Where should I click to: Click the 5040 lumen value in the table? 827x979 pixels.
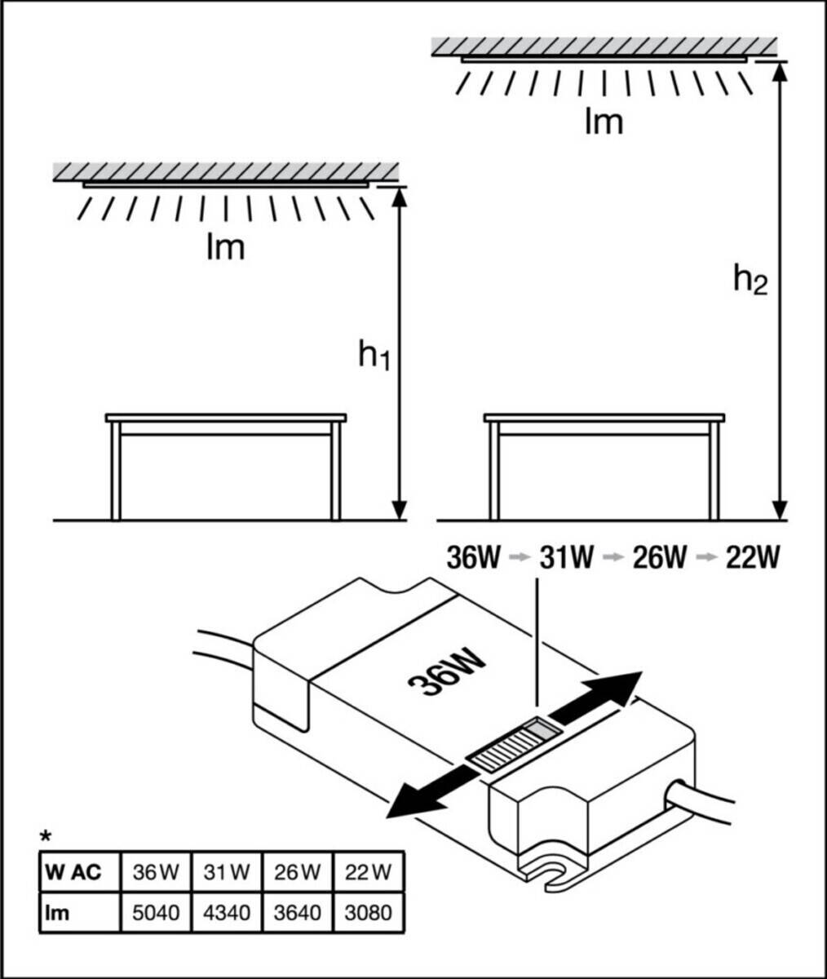pos(156,911)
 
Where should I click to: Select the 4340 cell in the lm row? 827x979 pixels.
pos(227,911)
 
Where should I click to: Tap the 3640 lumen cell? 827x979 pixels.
pos(298,911)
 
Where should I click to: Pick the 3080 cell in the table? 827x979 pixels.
pos(369,911)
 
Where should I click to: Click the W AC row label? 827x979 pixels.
pos(74,872)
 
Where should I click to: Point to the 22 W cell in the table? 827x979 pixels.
pos(369,872)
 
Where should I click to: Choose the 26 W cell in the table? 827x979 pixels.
pos(298,872)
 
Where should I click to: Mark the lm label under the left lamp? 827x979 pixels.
pos(224,246)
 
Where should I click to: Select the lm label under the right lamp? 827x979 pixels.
pos(604,122)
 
